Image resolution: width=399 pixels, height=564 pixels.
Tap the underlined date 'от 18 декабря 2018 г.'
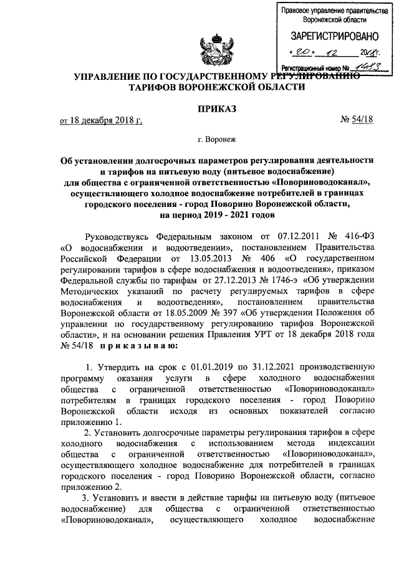point(100,120)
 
